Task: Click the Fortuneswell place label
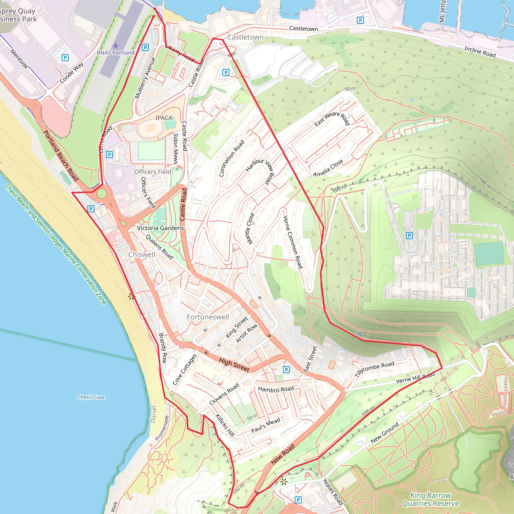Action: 208,317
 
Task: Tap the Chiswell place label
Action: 142,254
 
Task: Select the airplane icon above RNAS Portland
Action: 115,45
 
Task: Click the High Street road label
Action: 234,365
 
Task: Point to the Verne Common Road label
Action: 293,242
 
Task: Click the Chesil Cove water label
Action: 91,397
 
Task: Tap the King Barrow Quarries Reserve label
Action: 430,499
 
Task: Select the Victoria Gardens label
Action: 160,228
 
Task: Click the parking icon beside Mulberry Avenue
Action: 145,48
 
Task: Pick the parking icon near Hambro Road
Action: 286,369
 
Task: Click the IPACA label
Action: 164,118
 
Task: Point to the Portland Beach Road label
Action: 61,156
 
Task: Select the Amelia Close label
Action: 328,168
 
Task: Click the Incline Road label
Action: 480,52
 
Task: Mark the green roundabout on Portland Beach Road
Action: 102,194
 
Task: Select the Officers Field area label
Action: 152,172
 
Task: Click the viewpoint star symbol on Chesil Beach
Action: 131,297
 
